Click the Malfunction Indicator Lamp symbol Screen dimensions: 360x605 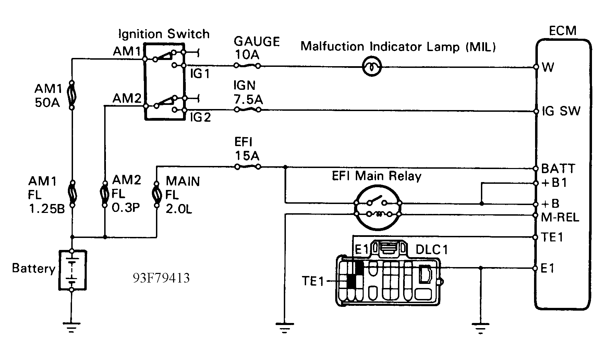(372, 67)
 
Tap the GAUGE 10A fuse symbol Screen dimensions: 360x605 (247, 65)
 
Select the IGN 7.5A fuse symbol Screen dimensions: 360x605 (247, 109)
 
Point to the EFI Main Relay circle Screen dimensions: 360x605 (378, 209)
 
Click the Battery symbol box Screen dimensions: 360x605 (72, 270)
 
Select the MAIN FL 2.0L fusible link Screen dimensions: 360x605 (156, 194)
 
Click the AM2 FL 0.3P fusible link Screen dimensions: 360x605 (105, 194)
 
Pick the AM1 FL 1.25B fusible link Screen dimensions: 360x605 (72, 194)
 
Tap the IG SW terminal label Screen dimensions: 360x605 (561, 111)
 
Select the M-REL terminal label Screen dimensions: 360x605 (559, 217)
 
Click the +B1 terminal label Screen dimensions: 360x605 (554, 183)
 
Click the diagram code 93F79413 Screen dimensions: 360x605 (161, 278)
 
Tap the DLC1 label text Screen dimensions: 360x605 (432, 250)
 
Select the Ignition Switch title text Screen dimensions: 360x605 (164, 34)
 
